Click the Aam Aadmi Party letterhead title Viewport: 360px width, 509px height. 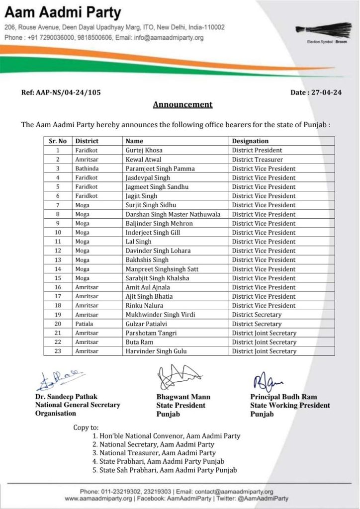pyautogui.click(x=63, y=13)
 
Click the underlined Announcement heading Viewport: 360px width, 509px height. pyautogui.click(x=182, y=104)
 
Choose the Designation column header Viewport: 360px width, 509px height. pyautogui.click(x=250, y=141)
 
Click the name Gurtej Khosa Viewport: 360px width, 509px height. pyautogui.click(x=144, y=150)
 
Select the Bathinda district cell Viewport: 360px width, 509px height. pyautogui.click(x=87, y=169)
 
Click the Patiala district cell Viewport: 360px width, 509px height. pyautogui.click(x=86, y=324)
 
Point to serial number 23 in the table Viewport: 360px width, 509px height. pyautogui.click(x=58, y=351)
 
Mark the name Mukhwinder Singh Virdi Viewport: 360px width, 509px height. pyautogui.click(x=160, y=315)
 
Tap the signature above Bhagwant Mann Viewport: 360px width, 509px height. pyautogui.click(x=178, y=378)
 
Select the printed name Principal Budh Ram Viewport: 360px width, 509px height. pyautogui.click(x=283, y=397)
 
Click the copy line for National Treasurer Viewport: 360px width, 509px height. pyautogui.click(x=157, y=453)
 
